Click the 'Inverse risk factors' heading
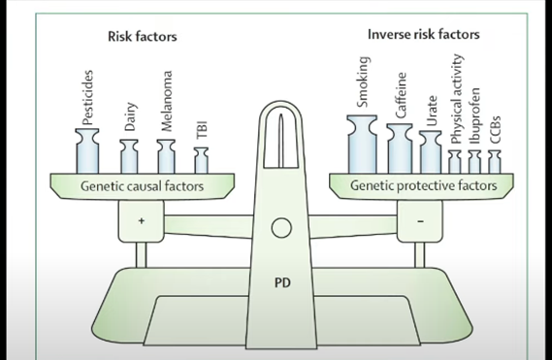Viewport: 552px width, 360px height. pyautogui.click(x=423, y=34)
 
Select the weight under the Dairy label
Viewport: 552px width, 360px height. pyautogui.click(x=129, y=157)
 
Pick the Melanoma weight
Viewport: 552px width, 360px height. pyautogui.click(x=166, y=156)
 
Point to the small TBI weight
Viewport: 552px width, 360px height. pyautogui.click(x=202, y=160)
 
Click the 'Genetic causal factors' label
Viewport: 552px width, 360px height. pyautogui.click(x=142, y=185)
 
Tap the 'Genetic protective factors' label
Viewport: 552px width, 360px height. pyautogui.click(x=423, y=185)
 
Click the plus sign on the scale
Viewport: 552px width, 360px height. pyautogui.click(x=142, y=221)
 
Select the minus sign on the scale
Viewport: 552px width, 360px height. pyautogui.click(x=420, y=221)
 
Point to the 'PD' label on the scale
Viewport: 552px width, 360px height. pyautogui.click(x=281, y=285)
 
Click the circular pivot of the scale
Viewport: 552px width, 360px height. pyautogui.click(x=281, y=228)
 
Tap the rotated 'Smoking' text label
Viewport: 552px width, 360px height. pyautogui.click(x=364, y=83)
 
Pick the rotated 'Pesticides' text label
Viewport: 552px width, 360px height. pyautogui.click(x=88, y=99)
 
